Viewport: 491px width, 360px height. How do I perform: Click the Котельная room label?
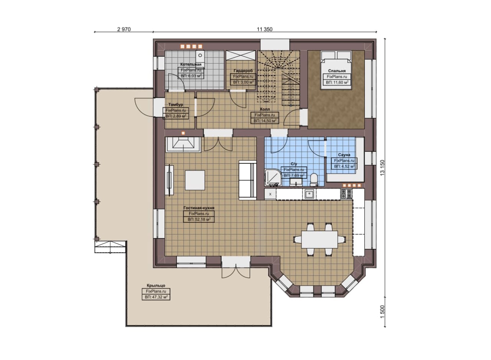(x=191, y=64)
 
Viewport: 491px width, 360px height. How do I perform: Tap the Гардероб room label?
(x=243, y=71)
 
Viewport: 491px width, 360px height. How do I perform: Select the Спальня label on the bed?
(x=337, y=71)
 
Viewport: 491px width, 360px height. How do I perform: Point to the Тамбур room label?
(x=176, y=105)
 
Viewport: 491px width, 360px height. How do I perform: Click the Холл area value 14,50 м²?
(x=265, y=121)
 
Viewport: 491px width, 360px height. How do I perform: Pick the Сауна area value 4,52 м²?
(x=344, y=166)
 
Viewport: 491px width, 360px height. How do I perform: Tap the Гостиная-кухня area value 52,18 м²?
(x=199, y=219)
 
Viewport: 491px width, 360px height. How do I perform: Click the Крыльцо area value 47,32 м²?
(x=156, y=297)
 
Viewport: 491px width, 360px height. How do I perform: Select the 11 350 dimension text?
(x=265, y=30)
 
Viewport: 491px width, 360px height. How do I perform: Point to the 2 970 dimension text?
(x=124, y=30)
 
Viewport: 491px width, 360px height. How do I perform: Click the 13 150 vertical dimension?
(x=382, y=168)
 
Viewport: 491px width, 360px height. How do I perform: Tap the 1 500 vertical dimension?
(x=382, y=312)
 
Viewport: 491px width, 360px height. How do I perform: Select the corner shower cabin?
(x=273, y=178)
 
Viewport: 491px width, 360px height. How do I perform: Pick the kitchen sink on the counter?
(x=309, y=194)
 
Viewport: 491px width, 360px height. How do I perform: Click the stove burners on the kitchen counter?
(x=346, y=194)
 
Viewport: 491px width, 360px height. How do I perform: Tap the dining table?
(x=320, y=239)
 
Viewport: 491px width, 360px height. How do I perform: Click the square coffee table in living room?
(x=195, y=180)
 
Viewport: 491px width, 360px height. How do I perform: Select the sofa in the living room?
(x=247, y=180)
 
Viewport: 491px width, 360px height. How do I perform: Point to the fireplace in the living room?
(x=183, y=145)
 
